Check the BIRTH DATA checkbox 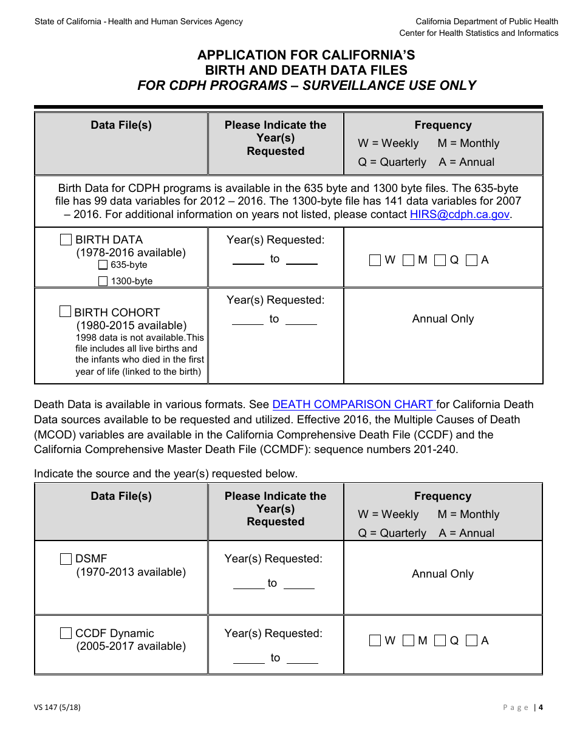[66, 240]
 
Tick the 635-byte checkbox [103, 265]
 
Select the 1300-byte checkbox [103, 281]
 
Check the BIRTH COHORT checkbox [65, 312]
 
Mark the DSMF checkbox [66, 559]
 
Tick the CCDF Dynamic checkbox [66, 633]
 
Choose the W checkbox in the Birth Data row [375, 260]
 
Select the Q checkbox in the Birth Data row [440, 260]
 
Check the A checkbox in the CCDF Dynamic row [471, 641]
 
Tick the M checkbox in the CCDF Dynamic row [408, 641]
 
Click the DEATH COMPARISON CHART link [353, 404]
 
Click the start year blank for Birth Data [248, 260]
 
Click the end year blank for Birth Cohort [301, 320]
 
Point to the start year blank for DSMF [248, 584]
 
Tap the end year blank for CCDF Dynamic [302, 659]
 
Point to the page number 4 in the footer [540, 707]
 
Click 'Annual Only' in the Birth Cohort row [443, 319]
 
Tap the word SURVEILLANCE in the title [357, 86]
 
